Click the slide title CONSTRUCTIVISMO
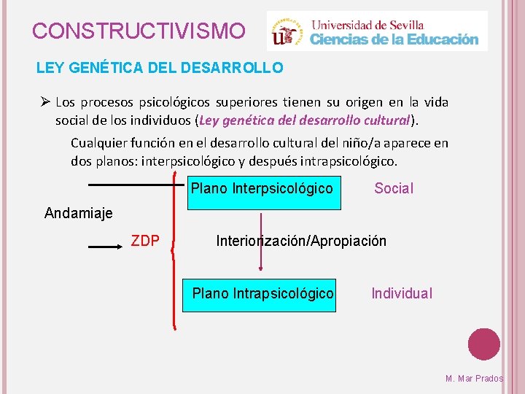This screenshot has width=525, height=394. click(139, 31)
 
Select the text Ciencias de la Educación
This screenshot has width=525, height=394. click(394, 40)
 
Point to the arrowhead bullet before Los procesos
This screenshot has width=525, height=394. click(43, 102)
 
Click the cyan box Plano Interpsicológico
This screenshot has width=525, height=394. click(262, 189)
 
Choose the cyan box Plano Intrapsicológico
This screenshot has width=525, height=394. click(262, 293)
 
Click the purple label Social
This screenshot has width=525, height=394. click(394, 189)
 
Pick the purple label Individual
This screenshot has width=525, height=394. click(402, 293)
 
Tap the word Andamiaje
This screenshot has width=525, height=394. click(79, 213)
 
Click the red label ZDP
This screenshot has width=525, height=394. click(145, 241)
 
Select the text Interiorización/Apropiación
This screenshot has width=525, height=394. click(301, 241)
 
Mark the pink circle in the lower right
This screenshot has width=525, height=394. click(484, 344)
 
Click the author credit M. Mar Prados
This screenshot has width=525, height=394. click(474, 379)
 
